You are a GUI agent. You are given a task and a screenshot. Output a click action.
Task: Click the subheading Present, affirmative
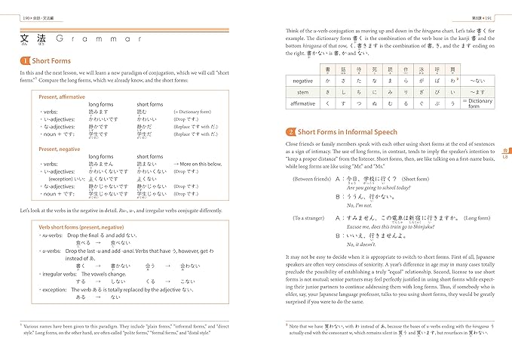[x=63, y=97]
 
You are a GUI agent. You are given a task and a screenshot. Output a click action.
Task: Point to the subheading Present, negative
[x=60, y=149]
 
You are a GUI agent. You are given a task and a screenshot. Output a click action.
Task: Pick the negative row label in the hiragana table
[x=302, y=80]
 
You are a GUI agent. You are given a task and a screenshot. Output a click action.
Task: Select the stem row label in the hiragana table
[x=302, y=91]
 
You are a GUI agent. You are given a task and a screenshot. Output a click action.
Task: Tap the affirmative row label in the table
[x=302, y=103]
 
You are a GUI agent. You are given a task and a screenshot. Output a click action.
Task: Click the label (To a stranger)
[x=308, y=218]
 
